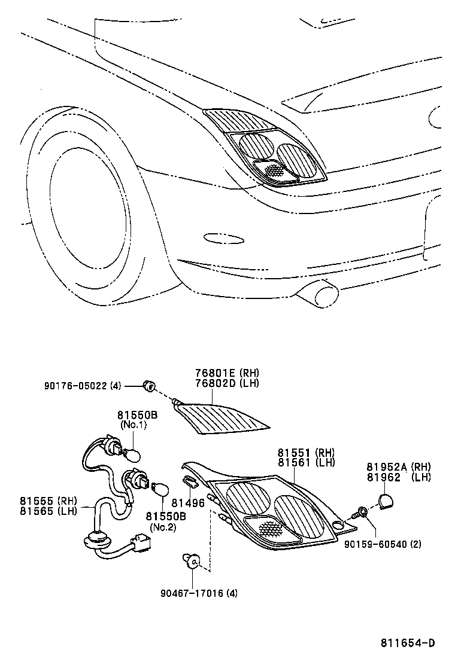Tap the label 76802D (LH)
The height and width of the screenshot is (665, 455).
coord(227,383)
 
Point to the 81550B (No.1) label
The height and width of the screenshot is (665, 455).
coord(137,414)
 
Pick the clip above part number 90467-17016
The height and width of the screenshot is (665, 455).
coord(192,561)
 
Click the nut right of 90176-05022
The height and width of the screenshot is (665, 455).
coord(148,386)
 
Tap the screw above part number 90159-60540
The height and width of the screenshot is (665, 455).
coord(362,513)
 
